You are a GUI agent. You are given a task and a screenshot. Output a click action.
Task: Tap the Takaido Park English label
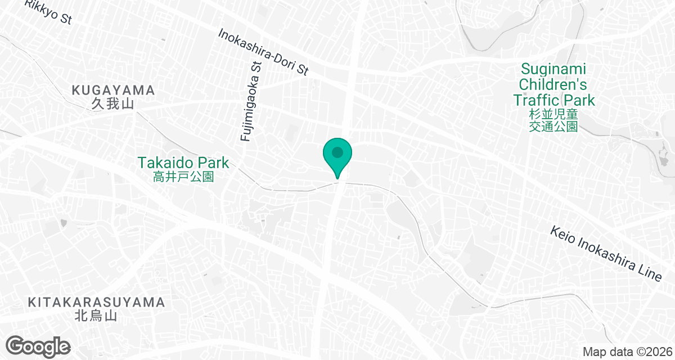click(x=183, y=163)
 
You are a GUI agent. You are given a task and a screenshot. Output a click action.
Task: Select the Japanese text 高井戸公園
click(x=183, y=177)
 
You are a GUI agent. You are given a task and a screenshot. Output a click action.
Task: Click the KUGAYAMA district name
click(x=113, y=90)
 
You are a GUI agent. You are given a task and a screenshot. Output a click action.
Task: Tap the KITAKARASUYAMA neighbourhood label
click(x=96, y=303)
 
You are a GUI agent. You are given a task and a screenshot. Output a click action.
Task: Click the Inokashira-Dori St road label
click(x=264, y=52)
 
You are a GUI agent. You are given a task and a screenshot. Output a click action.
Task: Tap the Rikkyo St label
click(x=48, y=13)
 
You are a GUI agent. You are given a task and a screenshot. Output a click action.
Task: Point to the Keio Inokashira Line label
click(x=605, y=254)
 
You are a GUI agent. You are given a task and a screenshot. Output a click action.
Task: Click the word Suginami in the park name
click(x=553, y=69)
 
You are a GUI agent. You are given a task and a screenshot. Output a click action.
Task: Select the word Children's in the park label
click(x=553, y=85)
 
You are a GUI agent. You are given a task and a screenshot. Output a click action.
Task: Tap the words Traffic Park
click(x=553, y=101)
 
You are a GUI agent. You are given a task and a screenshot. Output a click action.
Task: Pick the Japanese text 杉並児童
click(x=553, y=115)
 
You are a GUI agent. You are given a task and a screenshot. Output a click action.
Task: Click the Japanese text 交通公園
click(x=553, y=127)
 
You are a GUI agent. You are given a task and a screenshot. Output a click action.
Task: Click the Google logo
click(x=38, y=345)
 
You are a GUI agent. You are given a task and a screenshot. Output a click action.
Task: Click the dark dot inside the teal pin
click(x=337, y=152)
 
